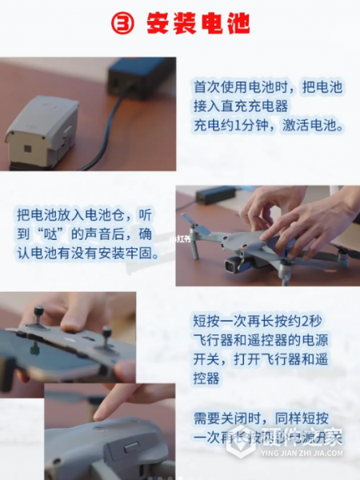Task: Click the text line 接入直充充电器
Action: [240, 105]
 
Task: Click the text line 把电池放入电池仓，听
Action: [84, 215]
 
